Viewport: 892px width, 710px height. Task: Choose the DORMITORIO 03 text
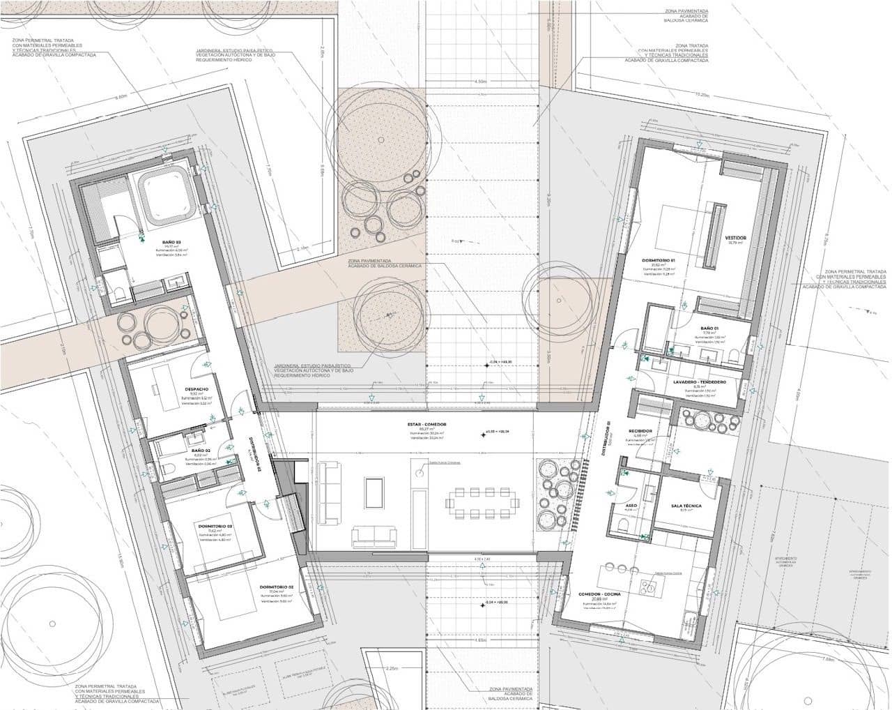(215, 526)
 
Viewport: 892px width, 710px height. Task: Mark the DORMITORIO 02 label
(276, 587)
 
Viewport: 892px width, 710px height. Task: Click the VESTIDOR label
(735, 238)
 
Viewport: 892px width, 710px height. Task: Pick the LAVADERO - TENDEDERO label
(700, 382)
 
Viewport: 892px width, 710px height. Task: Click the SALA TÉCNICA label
(686, 506)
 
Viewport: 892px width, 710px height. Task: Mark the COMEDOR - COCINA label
(599, 594)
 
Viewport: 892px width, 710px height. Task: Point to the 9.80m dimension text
(119, 96)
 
